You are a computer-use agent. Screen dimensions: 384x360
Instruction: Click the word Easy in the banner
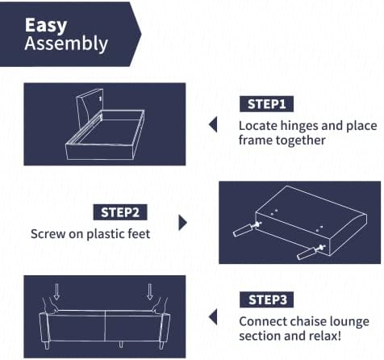[46, 26]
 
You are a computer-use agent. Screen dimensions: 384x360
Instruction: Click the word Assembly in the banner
[66, 44]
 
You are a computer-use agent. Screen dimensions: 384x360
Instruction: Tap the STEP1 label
[266, 104]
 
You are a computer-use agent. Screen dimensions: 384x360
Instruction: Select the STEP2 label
[120, 212]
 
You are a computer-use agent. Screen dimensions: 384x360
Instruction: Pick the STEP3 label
[266, 299]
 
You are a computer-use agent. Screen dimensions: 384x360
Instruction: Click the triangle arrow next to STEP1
[213, 124]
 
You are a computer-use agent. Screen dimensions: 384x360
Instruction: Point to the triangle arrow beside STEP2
[183, 223]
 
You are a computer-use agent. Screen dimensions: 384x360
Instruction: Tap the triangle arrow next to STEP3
[213, 317]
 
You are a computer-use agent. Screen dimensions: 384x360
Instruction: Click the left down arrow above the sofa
[56, 291]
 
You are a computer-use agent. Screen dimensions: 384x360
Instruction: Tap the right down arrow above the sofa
[150, 291]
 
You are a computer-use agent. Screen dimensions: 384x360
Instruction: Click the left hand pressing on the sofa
[50, 306]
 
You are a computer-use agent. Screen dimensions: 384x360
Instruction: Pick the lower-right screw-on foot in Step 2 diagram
[311, 253]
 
